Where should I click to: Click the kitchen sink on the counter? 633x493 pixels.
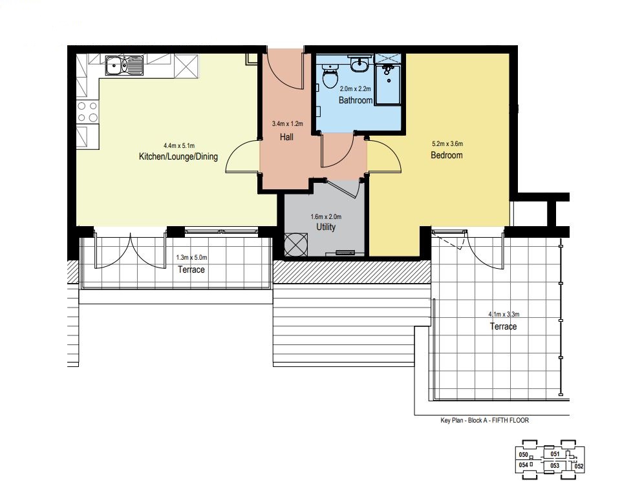[124, 65]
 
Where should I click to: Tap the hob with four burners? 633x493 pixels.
[87, 112]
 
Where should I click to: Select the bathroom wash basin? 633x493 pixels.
[359, 64]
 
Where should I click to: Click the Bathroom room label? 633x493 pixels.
[355, 100]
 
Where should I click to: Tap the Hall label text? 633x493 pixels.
[286, 137]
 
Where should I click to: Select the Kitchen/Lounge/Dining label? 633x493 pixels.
[178, 156]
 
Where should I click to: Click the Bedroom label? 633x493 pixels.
[447, 155]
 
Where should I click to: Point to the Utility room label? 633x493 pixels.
[326, 227]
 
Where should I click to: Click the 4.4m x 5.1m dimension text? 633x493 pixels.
[179, 145]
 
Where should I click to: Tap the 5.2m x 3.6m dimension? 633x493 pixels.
[447, 143]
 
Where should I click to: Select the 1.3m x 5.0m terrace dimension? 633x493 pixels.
[192, 257]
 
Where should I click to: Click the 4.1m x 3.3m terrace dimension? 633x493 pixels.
[504, 314]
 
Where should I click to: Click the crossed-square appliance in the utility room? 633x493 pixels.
[296, 244]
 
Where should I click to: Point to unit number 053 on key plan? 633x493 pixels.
[555, 466]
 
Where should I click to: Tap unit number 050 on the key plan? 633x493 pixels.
[523, 455]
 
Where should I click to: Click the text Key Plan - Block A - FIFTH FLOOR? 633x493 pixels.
[484, 421]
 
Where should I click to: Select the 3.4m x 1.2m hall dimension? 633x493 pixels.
[287, 124]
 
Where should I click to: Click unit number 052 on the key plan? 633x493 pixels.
[579, 467]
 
